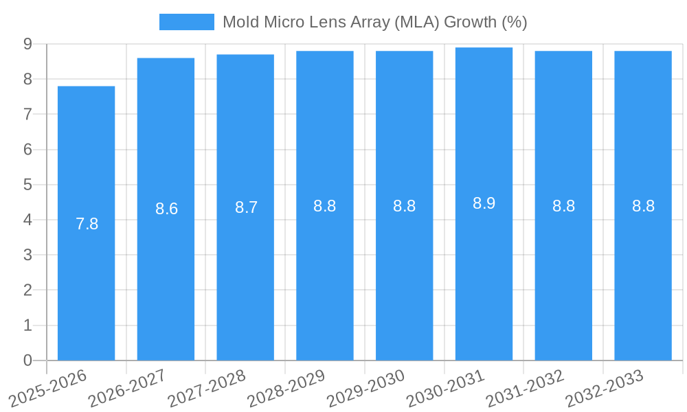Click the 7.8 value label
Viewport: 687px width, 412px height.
(x=87, y=224)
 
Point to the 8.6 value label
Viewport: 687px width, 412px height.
(x=166, y=209)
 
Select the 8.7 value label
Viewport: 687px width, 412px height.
(x=246, y=207)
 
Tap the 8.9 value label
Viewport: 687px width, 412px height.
(x=484, y=203)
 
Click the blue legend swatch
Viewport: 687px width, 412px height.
(x=186, y=22)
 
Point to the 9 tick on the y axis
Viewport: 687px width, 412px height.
(x=27, y=44)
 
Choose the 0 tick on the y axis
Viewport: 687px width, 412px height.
(x=27, y=360)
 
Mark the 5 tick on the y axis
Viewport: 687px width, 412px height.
(x=27, y=185)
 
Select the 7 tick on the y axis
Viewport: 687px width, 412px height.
(x=27, y=114)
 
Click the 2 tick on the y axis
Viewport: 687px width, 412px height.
(x=27, y=290)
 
